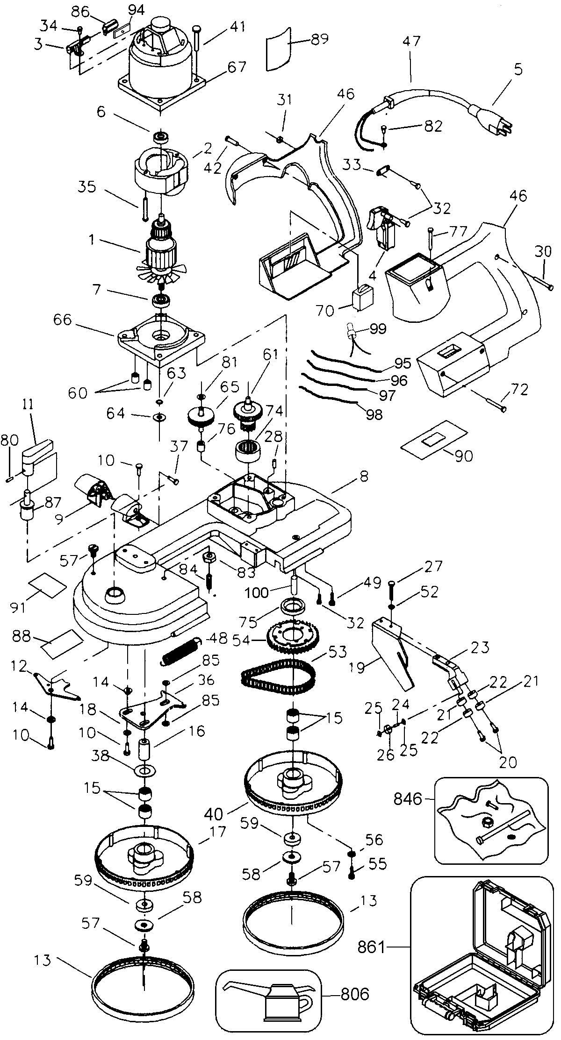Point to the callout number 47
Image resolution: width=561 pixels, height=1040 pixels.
pyautogui.click(x=411, y=41)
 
